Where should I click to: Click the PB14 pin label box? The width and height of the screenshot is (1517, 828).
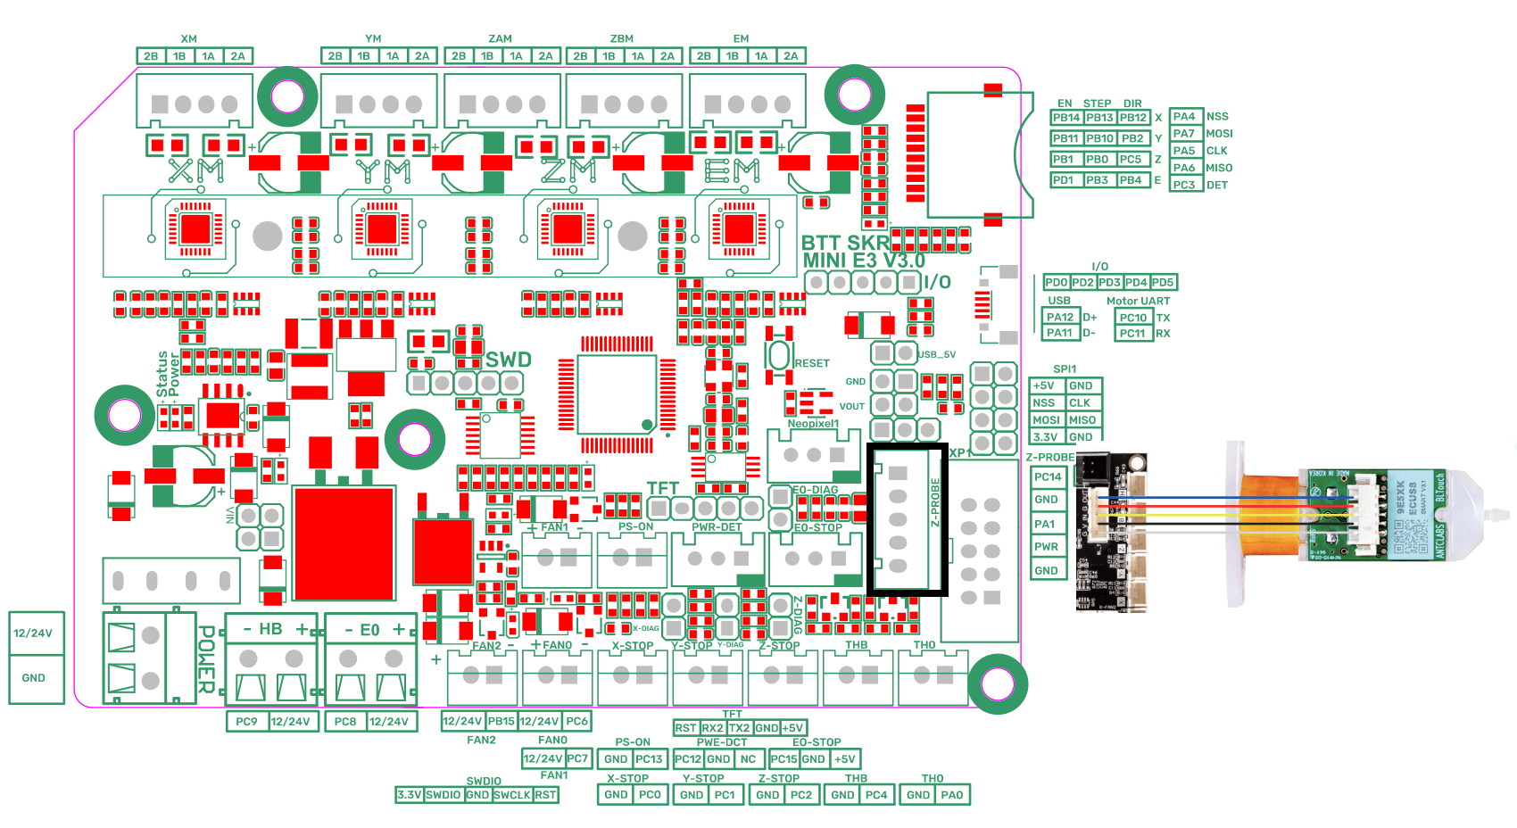pyautogui.click(x=1066, y=118)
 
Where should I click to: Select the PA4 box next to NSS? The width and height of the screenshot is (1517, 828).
pyautogui.click(x=1184, y=117)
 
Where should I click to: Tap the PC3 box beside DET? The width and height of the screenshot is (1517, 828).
pyautogui.click(x=1184, y=185)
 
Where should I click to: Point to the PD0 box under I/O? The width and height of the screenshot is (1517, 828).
pyautogui.click(x=1057, y=282)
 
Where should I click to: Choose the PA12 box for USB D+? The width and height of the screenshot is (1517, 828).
pyautogui.click(x=1060, y=317)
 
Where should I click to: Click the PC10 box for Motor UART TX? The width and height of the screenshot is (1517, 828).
pyautogui.click(x=1133, y=317)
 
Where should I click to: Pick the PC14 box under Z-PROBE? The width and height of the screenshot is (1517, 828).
pyautogui.click(x=1048, y=476)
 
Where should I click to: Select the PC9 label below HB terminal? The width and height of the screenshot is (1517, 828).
pyautogui.click(x=246, y=721)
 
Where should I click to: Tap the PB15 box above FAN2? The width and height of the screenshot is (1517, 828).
pyautogui.click(x=502, y=721)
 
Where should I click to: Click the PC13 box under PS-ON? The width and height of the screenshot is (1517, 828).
pyautogui.click(x=649, y=759)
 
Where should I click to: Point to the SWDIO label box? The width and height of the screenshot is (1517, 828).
pyautogui.click(x=443, y=794)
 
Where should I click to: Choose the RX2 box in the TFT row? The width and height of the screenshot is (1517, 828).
pyautogui.click(x=712, y=728)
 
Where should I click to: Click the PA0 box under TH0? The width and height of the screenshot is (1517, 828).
pyautogui.click(x=952, y=794)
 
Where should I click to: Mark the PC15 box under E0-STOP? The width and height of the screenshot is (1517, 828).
pyautogui.click(x=783, y=759)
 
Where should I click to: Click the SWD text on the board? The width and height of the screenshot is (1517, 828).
pyautogui.click(x=508, y=360)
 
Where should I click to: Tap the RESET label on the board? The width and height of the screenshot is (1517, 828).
pyautogui.click(x=811, y=363)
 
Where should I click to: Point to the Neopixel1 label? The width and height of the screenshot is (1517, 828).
pyautogui.click(x=812, y=424)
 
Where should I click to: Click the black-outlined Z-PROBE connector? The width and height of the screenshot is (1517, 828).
pyautogui.click(x=907, y=518)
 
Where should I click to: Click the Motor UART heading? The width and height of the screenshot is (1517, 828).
pyautogui.click(x=1138, y=301)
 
